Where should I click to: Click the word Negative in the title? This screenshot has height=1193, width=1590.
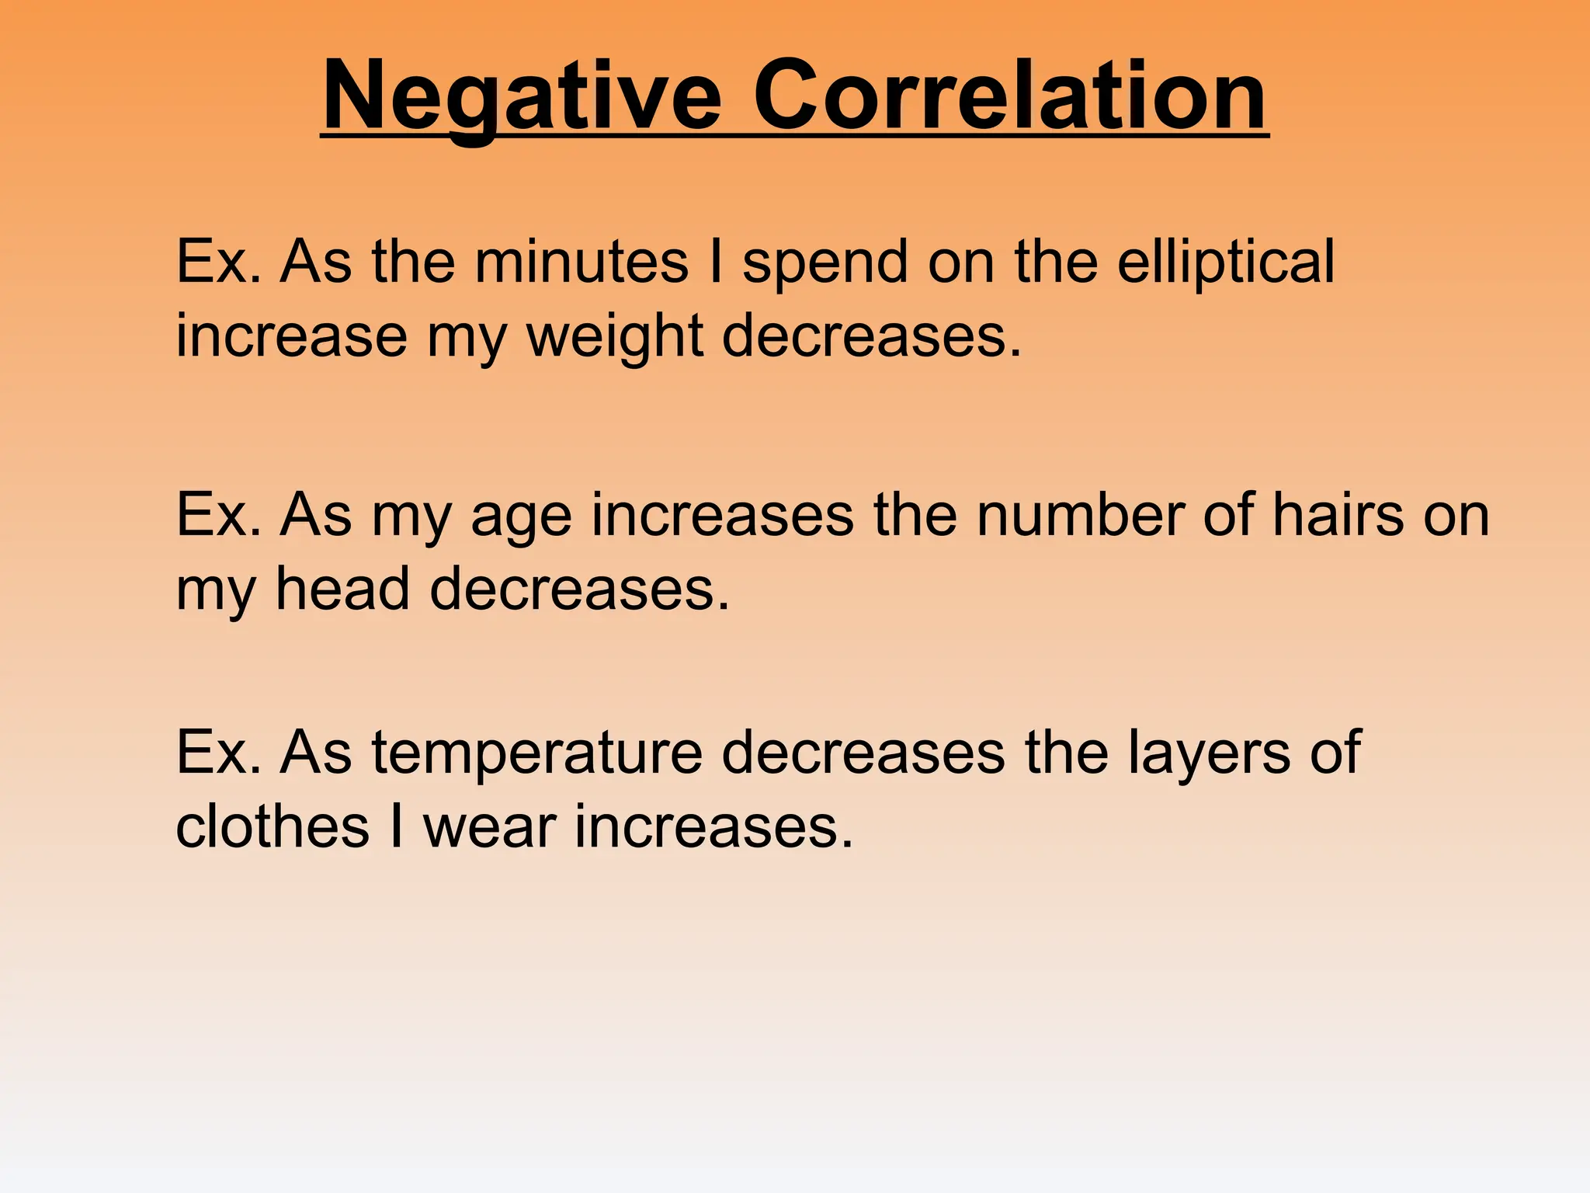[x=521, y=97]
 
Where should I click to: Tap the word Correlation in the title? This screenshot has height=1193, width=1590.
[x=1010, y=97]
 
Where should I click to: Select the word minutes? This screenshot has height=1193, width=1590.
[x=581, y=262]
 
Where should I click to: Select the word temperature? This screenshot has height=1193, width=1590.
[x=536, y=753]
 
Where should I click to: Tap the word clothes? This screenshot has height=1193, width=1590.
[x=273, y=826]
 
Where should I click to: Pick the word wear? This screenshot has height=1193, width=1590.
[x=489, y=827]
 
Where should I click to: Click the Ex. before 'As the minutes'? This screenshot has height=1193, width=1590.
[x=218, y=262]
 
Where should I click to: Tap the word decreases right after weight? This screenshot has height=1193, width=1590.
[x=871, y=337]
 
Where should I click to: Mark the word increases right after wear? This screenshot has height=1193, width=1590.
[x=713, y=827]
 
